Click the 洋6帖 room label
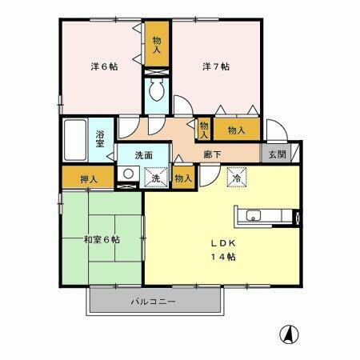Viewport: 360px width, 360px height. coord(103,67)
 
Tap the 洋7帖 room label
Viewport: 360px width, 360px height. coord(215,67)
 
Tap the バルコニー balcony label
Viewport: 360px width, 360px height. coord(153,301)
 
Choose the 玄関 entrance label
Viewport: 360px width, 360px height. coord(276,154)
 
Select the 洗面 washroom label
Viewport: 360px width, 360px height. coord(143,154)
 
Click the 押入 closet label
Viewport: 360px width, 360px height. coord(89,178)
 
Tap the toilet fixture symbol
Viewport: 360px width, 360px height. coord(157,90)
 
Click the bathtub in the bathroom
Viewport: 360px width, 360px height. coord(77,140)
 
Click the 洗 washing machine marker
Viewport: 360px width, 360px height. coord(157,178)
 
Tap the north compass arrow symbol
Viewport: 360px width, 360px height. coord(285,333)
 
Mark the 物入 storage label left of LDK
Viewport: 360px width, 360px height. coord(183,178)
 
